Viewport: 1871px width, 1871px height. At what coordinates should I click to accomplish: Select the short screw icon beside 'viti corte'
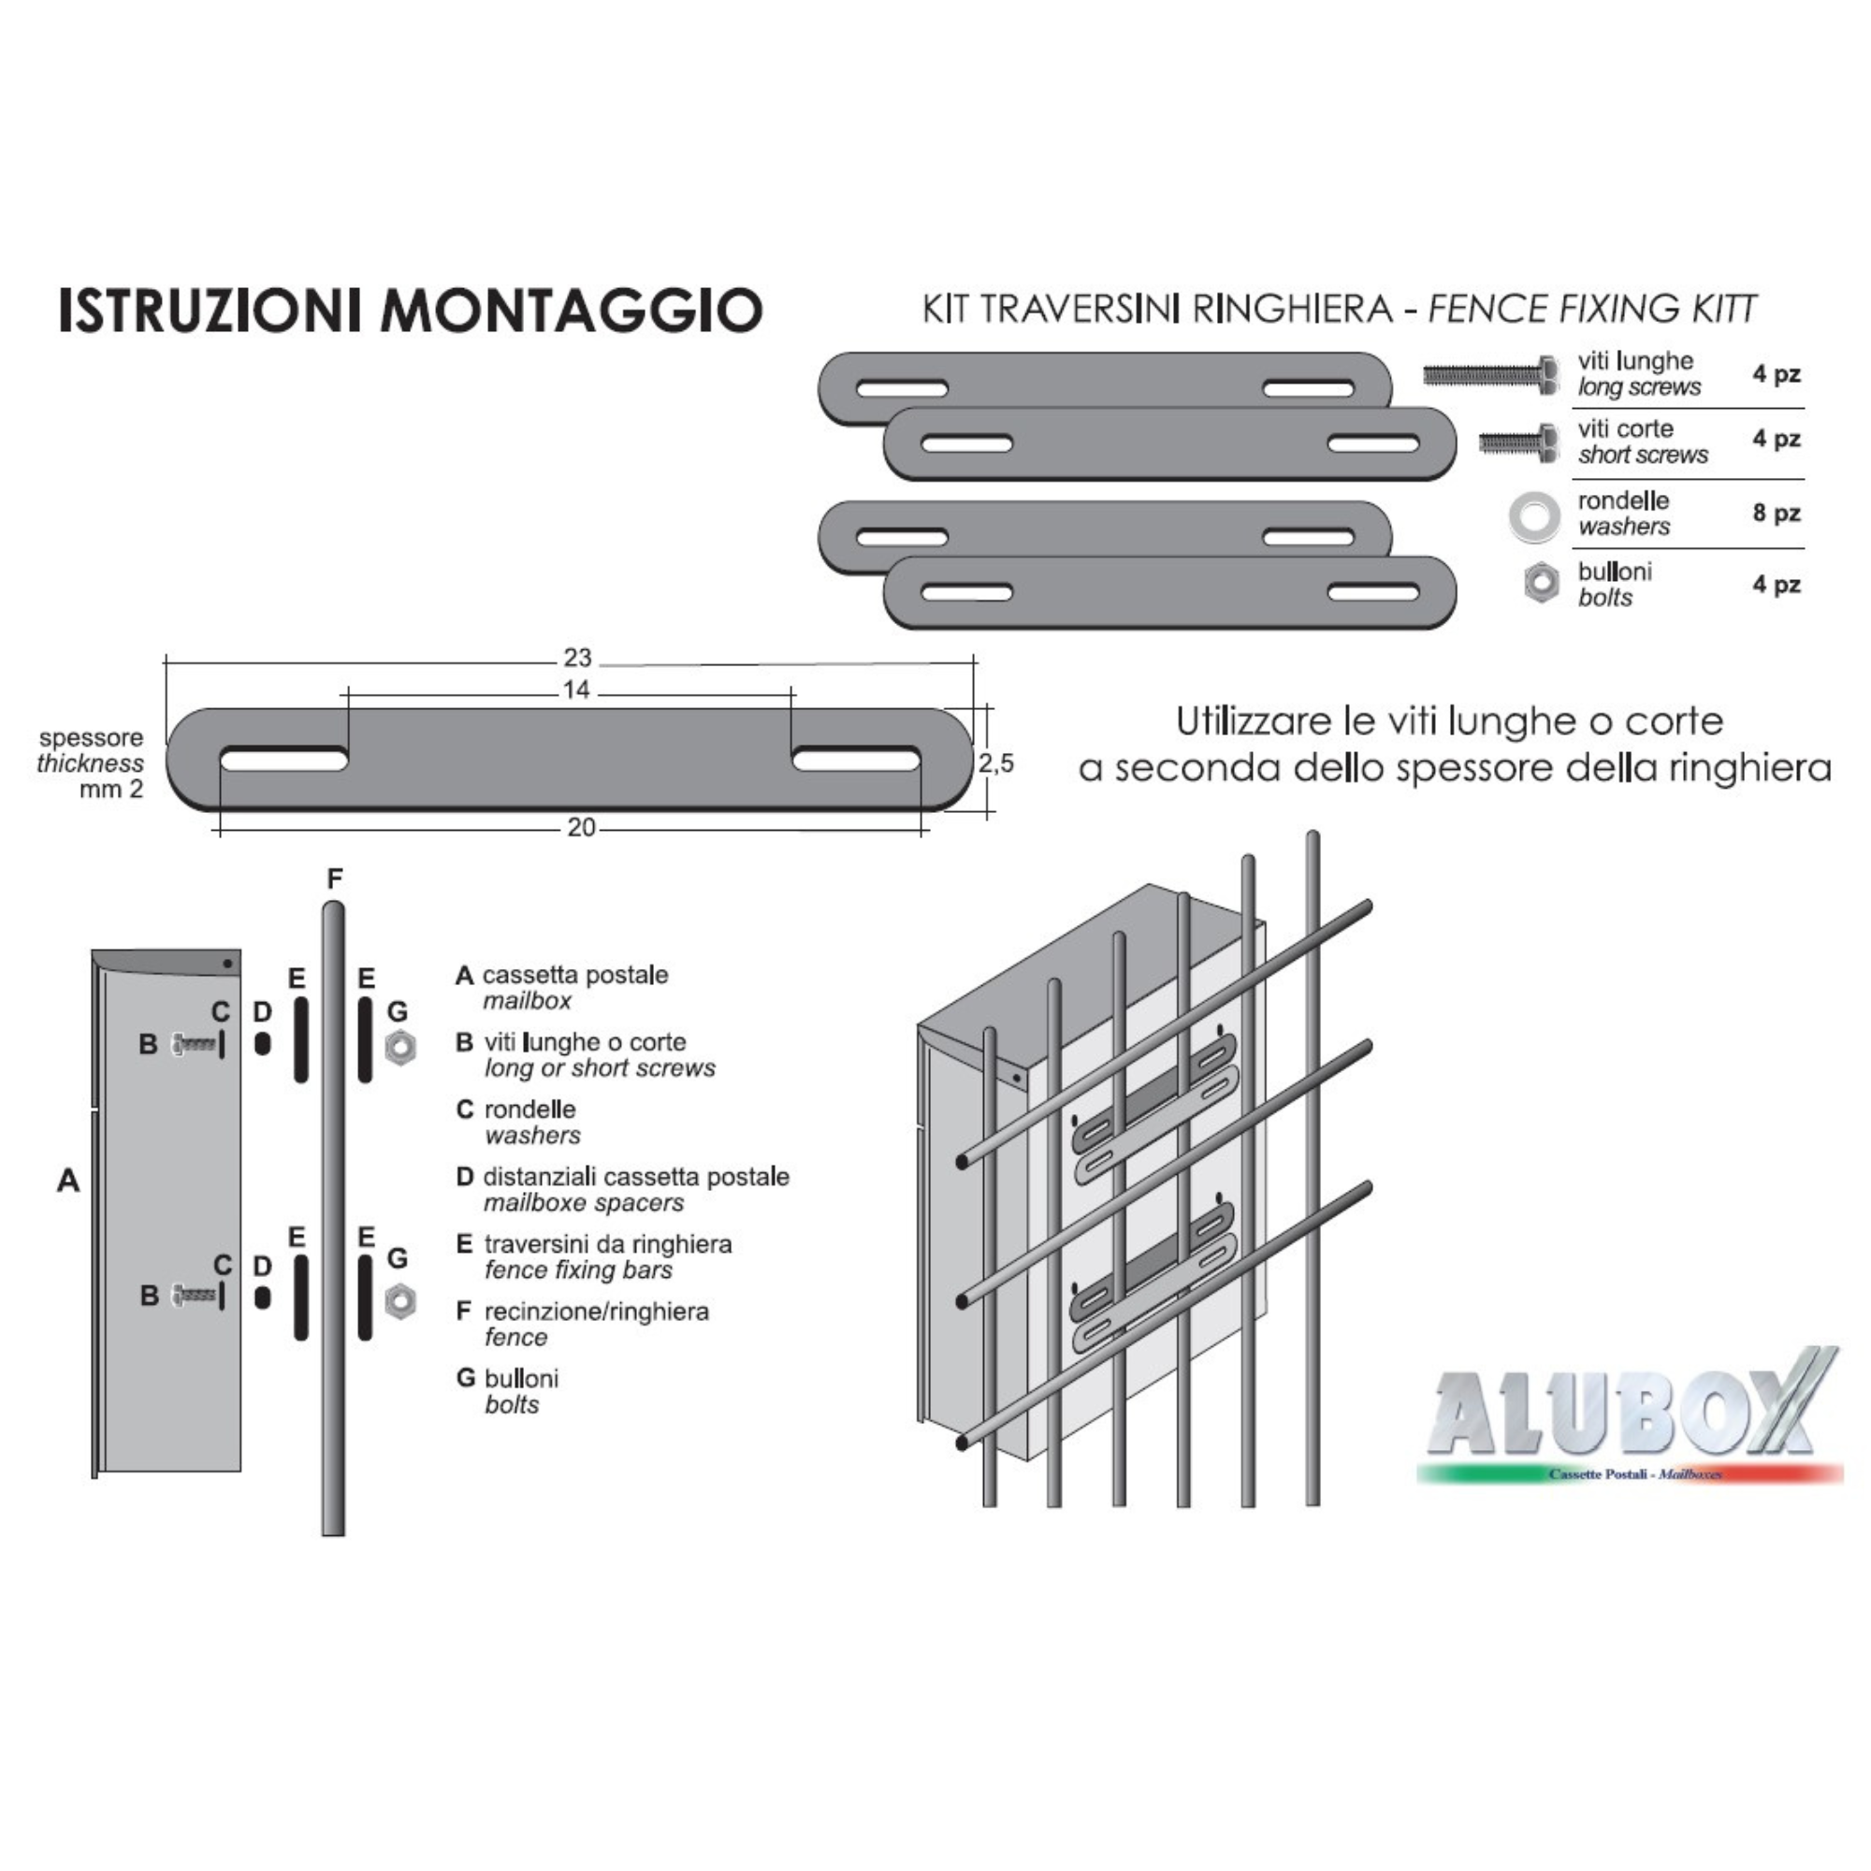tap(1518, 442)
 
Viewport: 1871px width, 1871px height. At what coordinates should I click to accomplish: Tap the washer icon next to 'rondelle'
tap(1535, 515)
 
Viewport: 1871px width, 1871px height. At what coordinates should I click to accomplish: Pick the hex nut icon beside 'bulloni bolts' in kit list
tap(1540, 583)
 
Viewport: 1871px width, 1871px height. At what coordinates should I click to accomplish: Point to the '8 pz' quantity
tap(1777, 514)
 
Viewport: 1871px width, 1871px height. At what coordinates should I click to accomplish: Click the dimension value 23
tap(577, 659)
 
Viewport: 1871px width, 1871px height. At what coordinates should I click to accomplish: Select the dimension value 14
tap(576, 690)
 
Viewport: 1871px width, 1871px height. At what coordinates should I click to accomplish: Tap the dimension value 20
tap(581, 828)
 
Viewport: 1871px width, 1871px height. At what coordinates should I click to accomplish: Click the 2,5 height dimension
tap(995, 764)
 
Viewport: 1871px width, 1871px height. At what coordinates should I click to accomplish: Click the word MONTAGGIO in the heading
tap(572, 310)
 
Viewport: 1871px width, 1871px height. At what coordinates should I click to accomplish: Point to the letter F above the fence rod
tap(334, 879)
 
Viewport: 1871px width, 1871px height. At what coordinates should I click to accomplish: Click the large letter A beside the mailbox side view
tap(68, 1181)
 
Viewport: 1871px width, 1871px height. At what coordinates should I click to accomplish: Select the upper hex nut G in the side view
tap(399, 1048)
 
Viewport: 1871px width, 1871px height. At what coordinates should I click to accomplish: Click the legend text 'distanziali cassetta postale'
tap(636, 1177)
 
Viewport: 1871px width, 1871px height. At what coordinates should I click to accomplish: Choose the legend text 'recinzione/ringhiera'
tap(597, 1312)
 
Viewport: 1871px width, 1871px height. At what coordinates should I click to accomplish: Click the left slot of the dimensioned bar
tap(283, 761)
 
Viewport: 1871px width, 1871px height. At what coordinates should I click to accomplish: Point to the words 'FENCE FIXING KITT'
tap(1592, 309)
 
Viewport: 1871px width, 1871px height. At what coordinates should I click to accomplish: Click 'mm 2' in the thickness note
tap(111, 790)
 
